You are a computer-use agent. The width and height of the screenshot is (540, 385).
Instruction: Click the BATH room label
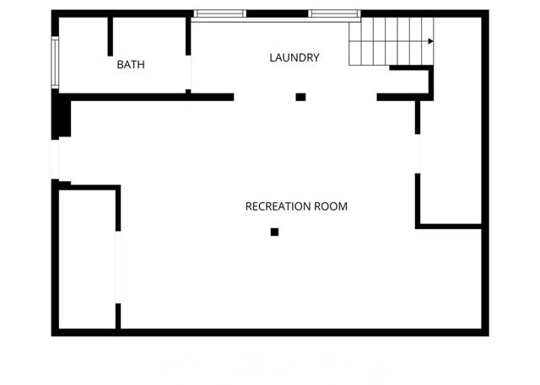click(131, 64)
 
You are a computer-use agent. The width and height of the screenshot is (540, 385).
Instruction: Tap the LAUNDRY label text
click(294, 58)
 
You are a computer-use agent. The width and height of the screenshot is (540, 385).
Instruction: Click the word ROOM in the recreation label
click(331, 206)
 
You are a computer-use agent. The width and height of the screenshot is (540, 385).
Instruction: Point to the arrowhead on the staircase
click(430, 40)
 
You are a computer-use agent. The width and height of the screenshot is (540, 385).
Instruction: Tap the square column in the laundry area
click(300, 97)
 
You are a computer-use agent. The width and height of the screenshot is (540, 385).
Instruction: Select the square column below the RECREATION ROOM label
click(274, 232)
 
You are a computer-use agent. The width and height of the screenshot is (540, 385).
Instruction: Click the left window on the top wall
click(220, 13)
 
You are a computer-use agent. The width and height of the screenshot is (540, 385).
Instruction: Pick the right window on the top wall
click(334, 13)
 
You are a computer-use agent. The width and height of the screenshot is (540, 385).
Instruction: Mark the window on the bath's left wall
click(55, 63)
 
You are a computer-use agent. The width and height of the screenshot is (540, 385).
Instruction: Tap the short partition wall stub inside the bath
click(111, 35)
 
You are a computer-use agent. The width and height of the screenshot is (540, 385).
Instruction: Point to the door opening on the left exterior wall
click(55, 158)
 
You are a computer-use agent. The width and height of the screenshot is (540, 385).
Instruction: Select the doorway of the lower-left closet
click(118, 266)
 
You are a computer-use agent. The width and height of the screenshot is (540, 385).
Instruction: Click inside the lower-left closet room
click(86, 261)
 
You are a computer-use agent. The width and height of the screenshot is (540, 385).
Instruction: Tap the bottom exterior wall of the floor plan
click(270, 332)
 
